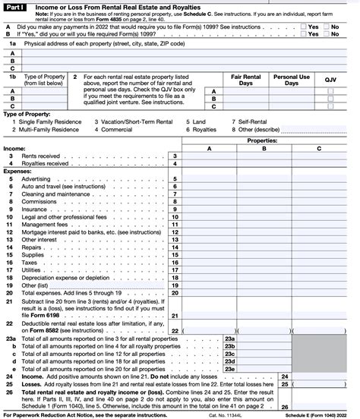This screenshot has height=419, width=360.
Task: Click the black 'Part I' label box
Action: click(14, 5)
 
